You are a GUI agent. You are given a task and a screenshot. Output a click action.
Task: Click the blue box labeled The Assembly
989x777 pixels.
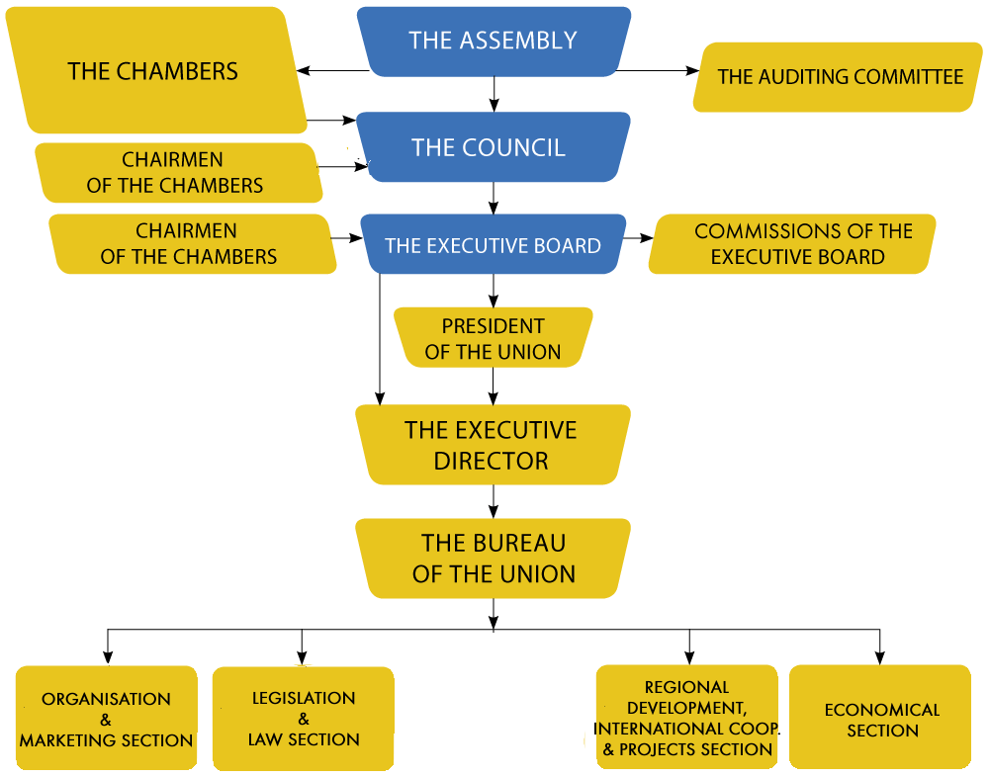(493, 41)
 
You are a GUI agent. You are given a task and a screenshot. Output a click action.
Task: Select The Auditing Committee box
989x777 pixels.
(839, 77)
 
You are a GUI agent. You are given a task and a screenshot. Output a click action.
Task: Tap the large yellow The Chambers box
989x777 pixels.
(153, 71)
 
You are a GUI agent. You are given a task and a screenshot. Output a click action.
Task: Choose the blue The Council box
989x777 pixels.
(490, 147)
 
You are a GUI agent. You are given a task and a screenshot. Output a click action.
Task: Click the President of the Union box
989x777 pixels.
(493, 338)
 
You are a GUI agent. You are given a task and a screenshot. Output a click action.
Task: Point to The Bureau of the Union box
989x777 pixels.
(493, 559)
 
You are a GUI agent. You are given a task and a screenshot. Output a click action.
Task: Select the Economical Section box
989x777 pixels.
(881, 720)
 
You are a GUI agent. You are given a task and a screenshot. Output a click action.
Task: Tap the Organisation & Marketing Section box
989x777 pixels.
(106, 720)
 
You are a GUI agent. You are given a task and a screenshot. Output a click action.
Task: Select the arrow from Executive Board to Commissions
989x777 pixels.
(638, 238)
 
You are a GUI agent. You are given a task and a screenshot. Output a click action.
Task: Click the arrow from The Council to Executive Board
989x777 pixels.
(494, 198)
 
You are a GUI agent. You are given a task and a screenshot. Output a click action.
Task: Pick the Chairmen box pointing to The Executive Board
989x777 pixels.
(189, 244)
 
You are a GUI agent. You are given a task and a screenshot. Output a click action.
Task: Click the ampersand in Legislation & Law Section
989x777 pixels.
(304, 719)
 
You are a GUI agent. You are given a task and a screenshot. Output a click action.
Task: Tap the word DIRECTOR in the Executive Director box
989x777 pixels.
(491, 461)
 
